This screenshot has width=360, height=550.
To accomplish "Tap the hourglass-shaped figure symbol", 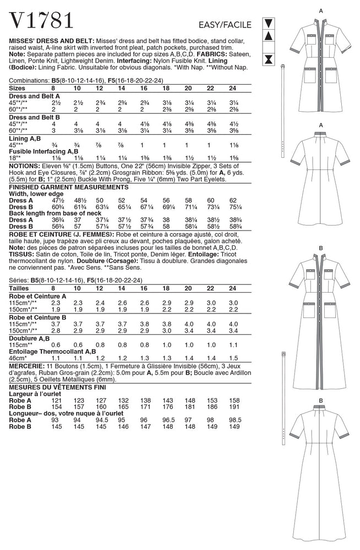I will click(268, 58).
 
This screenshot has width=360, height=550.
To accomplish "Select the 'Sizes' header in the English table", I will click(20, 87).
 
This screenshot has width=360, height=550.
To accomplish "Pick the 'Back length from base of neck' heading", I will click(51, 214).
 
